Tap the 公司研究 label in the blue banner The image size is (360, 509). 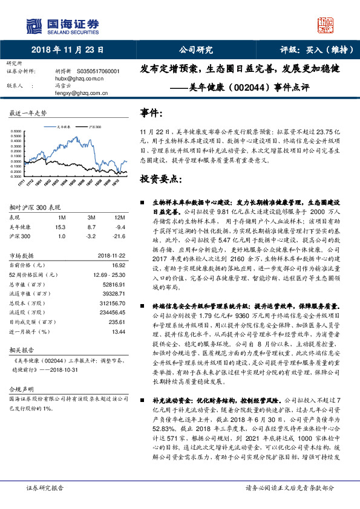pos(196,50)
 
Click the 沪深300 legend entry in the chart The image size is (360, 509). pos(93,128)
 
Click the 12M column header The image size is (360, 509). pos(119,217)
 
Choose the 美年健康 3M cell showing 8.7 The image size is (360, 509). pos(92,226)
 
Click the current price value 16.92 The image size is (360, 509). pos(118,265)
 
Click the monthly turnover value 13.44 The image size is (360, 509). pos(118,331)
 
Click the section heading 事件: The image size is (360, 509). pos(152,113)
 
